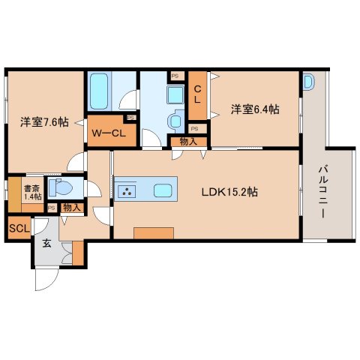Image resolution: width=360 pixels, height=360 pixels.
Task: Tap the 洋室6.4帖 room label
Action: tap(255, 109)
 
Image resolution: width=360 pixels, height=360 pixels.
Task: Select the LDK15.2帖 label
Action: tap(229, 192)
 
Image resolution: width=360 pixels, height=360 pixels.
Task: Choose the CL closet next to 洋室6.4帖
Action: tap(197, 95)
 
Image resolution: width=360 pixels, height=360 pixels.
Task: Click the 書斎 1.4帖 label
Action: tap(31, 193)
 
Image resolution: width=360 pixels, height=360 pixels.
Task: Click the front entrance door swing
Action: tap(46, 281)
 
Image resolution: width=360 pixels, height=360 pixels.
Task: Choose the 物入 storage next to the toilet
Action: tap(71, 207)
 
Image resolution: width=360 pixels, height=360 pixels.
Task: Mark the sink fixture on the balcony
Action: tap(310, 82)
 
